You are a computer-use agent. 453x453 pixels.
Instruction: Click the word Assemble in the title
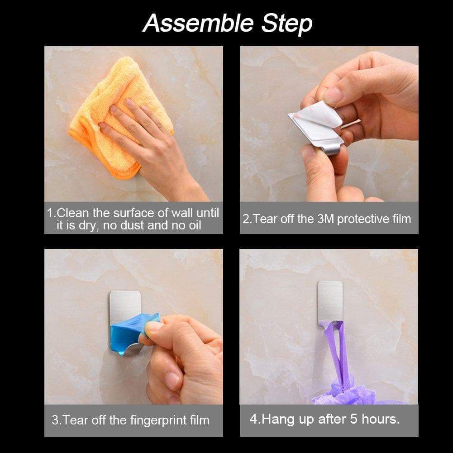point(198,23)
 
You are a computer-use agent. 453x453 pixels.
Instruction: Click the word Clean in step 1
point(73,213)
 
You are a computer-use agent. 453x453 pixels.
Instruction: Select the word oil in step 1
point(195,225)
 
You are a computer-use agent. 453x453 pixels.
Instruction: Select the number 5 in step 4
point(353,419)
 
